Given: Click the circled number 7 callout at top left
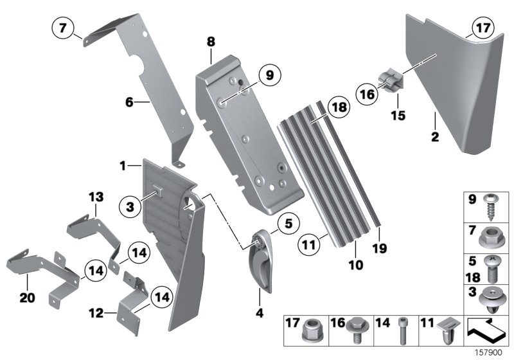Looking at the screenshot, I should click(x=62, y=29).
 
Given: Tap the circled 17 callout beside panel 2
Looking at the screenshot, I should click(x=481, y=29).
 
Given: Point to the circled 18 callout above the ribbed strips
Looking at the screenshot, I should click(x=337, y=107).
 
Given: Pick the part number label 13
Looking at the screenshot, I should click(x=95, y=195).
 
